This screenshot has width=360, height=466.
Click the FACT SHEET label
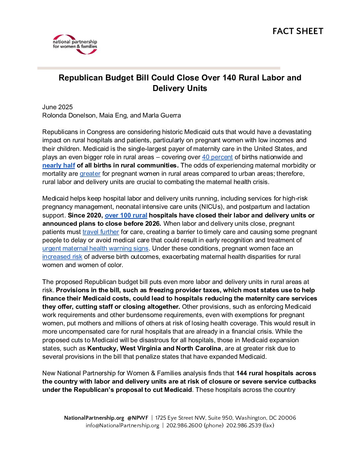pos(298,31)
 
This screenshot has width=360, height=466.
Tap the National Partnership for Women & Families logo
pos(75,44)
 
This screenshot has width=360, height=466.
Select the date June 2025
pos(57,107)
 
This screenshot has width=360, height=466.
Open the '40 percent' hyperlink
pos(217,157)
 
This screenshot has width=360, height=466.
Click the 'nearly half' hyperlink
pos(59,165)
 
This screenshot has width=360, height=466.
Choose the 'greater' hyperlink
pos(90,174)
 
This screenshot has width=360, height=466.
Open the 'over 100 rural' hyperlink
pos(126,215)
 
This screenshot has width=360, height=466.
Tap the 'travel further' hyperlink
pos(101,232)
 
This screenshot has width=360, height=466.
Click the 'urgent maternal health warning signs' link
pos(95,249)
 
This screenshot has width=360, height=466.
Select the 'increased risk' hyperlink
pos(62,257)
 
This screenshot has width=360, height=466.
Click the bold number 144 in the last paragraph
pos(242,373)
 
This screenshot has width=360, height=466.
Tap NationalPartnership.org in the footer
pos(94,418)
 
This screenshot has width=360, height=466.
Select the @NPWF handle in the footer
pos(138,418)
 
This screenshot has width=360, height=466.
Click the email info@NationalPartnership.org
pos(122,426)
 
